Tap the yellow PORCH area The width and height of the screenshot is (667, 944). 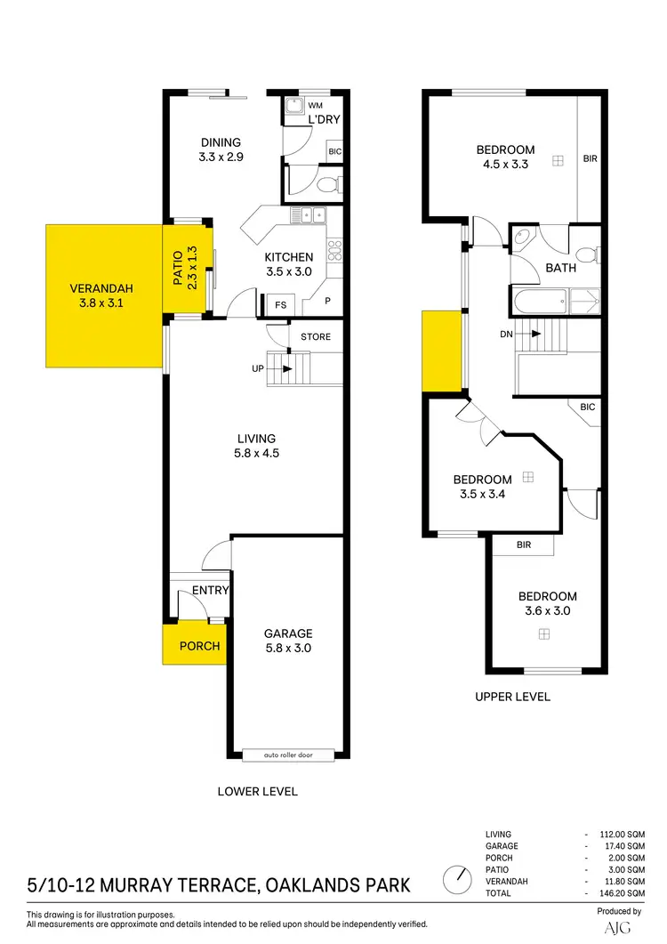199,646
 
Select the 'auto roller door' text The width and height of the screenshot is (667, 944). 288,755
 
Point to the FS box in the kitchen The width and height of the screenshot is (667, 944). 281,303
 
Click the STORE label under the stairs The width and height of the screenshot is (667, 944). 316,337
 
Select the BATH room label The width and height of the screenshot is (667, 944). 561,268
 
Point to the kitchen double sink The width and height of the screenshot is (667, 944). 311,214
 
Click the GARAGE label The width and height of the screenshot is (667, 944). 288,633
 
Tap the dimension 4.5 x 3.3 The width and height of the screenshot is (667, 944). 505,164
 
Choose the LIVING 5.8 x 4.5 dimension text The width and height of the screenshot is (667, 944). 256,453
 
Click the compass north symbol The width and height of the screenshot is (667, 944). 459,880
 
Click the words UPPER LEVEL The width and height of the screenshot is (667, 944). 513,697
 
